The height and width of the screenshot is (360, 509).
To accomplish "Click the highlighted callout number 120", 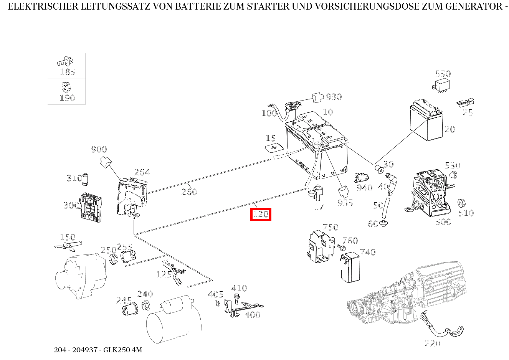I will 261,214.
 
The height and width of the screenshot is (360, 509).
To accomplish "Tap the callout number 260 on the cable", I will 189,192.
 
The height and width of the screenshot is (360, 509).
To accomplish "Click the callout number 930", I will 334,97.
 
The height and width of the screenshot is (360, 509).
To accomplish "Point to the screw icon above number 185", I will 65,61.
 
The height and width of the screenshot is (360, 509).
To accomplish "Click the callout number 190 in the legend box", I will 67,98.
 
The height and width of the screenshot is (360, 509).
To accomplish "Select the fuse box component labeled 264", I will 131,196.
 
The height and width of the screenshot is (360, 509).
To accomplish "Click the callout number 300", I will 71,205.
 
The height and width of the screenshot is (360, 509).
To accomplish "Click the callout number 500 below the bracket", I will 443,222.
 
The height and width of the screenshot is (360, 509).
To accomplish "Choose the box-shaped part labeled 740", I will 350,268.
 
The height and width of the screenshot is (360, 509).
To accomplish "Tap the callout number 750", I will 331,227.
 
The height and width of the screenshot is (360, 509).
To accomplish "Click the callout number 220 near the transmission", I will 433,343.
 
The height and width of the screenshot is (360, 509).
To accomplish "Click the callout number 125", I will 164,274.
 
